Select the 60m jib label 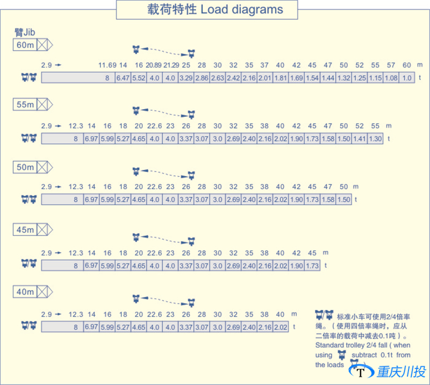click(25, 45)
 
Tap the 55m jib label click(25, 105)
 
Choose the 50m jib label click(25, 167)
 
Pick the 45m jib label click(25, 230)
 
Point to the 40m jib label click(25, 292)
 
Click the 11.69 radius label click(107, 65)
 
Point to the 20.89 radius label click(154, 65)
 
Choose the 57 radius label click(391, 65)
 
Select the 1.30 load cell click(376, 139)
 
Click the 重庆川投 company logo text click(401, 372)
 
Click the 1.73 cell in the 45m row click(312, 266)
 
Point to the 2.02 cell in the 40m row click(281, 327)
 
